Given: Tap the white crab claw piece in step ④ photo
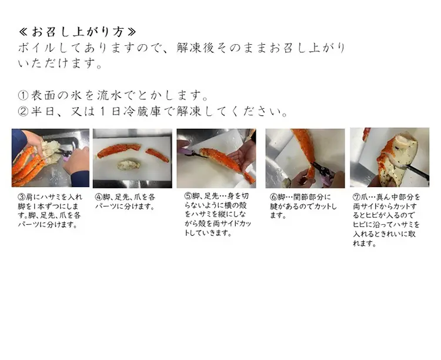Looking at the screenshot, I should pyautogui.click(x=128, y=165).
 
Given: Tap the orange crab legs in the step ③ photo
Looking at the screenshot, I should pyautogui.click(x=26, y=168).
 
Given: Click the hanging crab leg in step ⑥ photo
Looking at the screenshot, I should pyautogui.click(x=304, y=147).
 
